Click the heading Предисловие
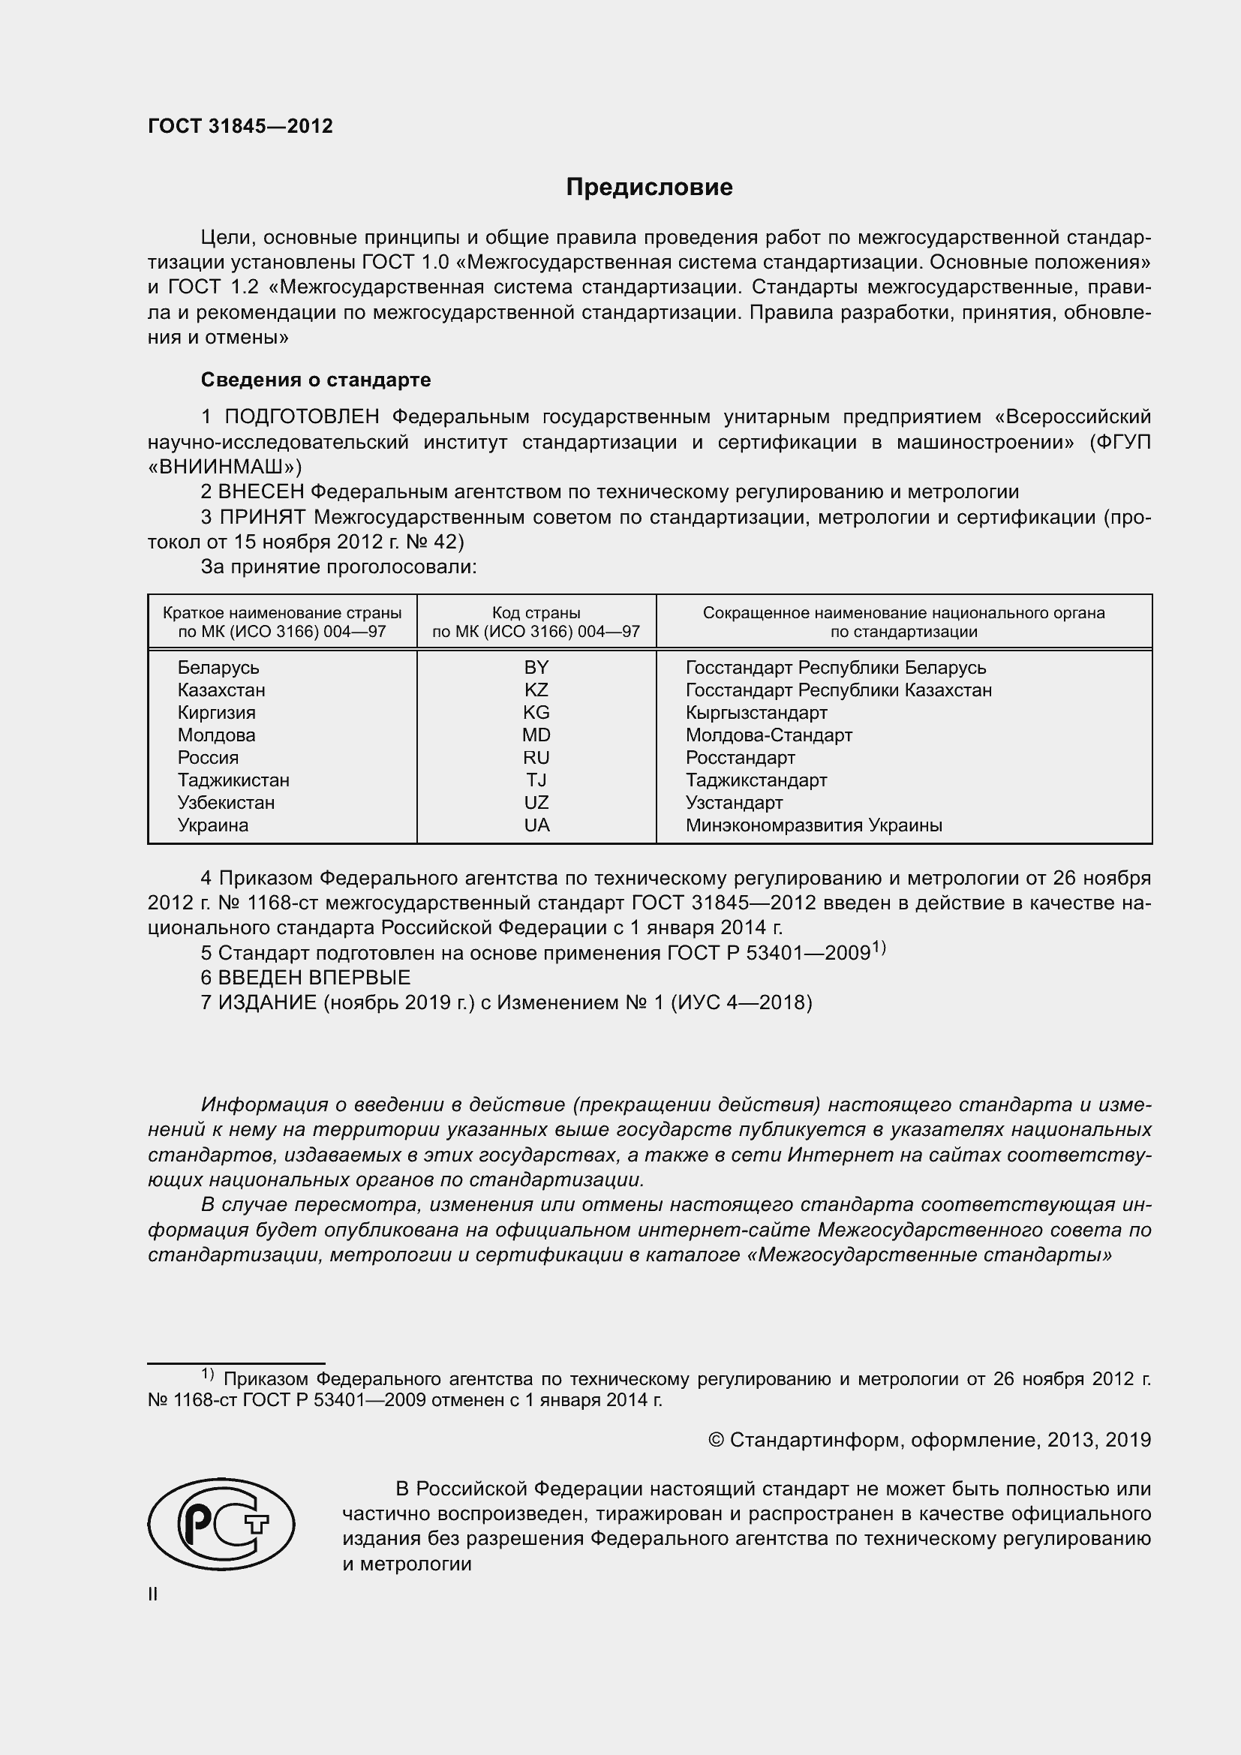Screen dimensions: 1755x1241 click(x=649, y=188)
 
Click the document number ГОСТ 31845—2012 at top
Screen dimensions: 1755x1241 click(x=240, y=126)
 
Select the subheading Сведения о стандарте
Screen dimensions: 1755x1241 click(x=315, y=380)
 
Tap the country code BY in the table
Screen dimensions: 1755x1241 click(x=536, y=667)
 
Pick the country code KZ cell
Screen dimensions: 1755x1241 click(x=536, y=690)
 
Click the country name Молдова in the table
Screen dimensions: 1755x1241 click(x=216, y=735)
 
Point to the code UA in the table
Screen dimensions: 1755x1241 click(x=536, y=825)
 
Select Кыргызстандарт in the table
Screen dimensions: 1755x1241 click(x=756, y=712)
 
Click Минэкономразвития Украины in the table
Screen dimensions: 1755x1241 click(x=813, y=825)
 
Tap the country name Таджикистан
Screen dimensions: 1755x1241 click(x=233, y=780)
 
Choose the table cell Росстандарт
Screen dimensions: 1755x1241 click(x=740, y=758)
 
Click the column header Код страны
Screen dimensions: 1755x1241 click(x=536, y=612)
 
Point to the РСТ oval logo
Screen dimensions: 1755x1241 click(x=221, y=1523)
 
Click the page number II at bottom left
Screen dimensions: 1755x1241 click(x=153, y=1594)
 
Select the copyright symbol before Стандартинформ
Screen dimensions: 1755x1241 click(x=716, y=1440)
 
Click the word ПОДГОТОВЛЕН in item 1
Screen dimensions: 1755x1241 click(x=302, y=416)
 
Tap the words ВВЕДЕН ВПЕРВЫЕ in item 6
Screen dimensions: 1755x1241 click(x=314, y=977)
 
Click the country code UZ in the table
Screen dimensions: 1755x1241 click(x=536, y=803)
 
